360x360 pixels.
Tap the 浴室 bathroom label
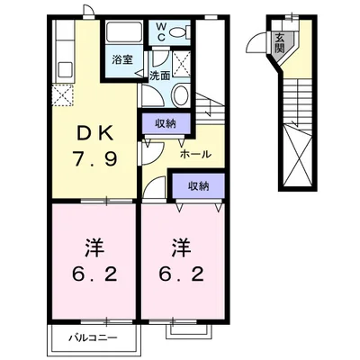point(121,60)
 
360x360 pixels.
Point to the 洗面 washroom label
point(159,76)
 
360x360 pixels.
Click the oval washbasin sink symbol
point(178,96)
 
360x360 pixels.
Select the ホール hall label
point(195,154)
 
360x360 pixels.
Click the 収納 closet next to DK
point(165,124)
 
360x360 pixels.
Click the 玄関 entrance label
point(280,41)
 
